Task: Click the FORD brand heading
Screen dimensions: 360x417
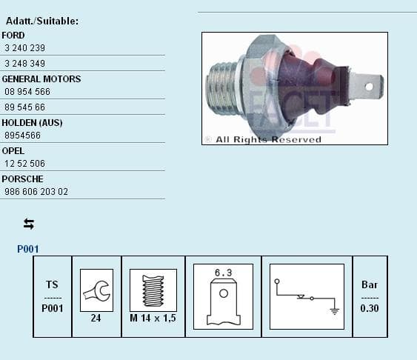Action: click(x=13, y=35)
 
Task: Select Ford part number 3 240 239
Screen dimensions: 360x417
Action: click(x=24, y=48)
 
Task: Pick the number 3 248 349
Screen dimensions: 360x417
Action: click(x=24, y=64)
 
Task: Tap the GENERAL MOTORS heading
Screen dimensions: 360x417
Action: click(x=41, y=79)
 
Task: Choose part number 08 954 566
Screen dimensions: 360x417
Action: click(x=27, y=92)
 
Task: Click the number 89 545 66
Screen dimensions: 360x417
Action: click(x=24, y=107)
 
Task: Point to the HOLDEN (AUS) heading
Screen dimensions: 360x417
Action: click(x=32, y=122)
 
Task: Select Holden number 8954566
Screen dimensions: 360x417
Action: click(x=22, y=136)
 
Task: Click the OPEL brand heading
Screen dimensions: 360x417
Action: click(x=13, y=150)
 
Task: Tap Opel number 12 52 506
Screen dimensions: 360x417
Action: click(x=24, y=164)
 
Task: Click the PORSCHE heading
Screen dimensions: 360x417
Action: click(x=22, y=179)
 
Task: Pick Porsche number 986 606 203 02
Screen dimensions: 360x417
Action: click(x=36, y=192)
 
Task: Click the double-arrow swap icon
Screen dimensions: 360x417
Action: click(x=29, y=224)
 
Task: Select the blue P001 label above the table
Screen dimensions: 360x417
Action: click(x=27, y=250)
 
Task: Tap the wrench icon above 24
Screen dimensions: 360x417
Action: click(x=96, y=290)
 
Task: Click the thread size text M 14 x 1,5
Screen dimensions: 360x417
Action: click(x=153, y=318)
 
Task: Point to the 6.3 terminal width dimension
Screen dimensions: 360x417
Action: click(x=223, y=273)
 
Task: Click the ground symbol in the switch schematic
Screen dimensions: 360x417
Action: click(x=334, y=310)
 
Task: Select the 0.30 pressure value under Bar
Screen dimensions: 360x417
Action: click(x=369, y=308)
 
